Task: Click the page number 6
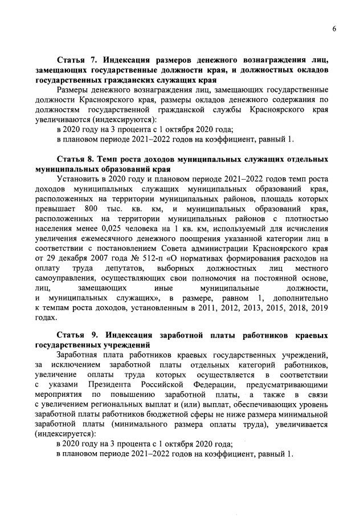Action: (335, 30)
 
